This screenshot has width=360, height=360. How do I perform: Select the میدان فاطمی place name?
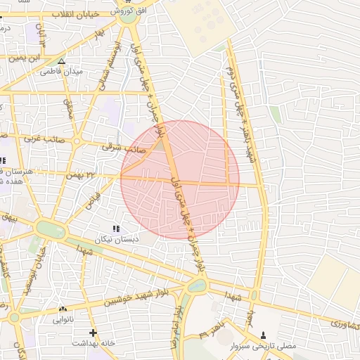(61, 72)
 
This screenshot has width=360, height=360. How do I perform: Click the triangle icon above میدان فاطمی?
(61, 61)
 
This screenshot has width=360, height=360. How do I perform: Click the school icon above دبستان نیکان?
(117, 229)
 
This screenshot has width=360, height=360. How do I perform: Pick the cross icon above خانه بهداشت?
(93, 332)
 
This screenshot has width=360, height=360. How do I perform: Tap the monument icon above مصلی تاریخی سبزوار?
(264, 335)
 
